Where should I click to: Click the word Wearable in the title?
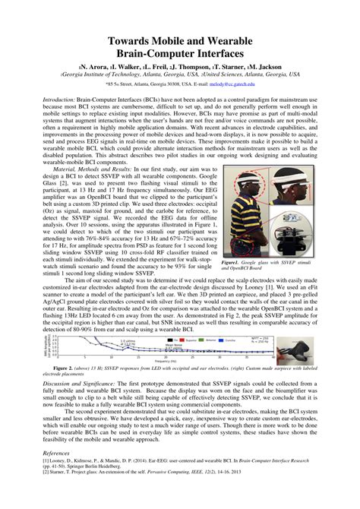(240, 39)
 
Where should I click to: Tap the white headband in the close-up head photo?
(293, 178)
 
